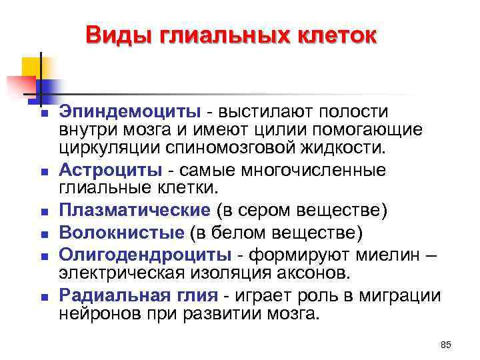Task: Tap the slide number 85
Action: tap(446, 344)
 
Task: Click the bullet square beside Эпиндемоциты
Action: tap(43, 113)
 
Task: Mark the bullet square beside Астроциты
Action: tap(43, 172)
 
